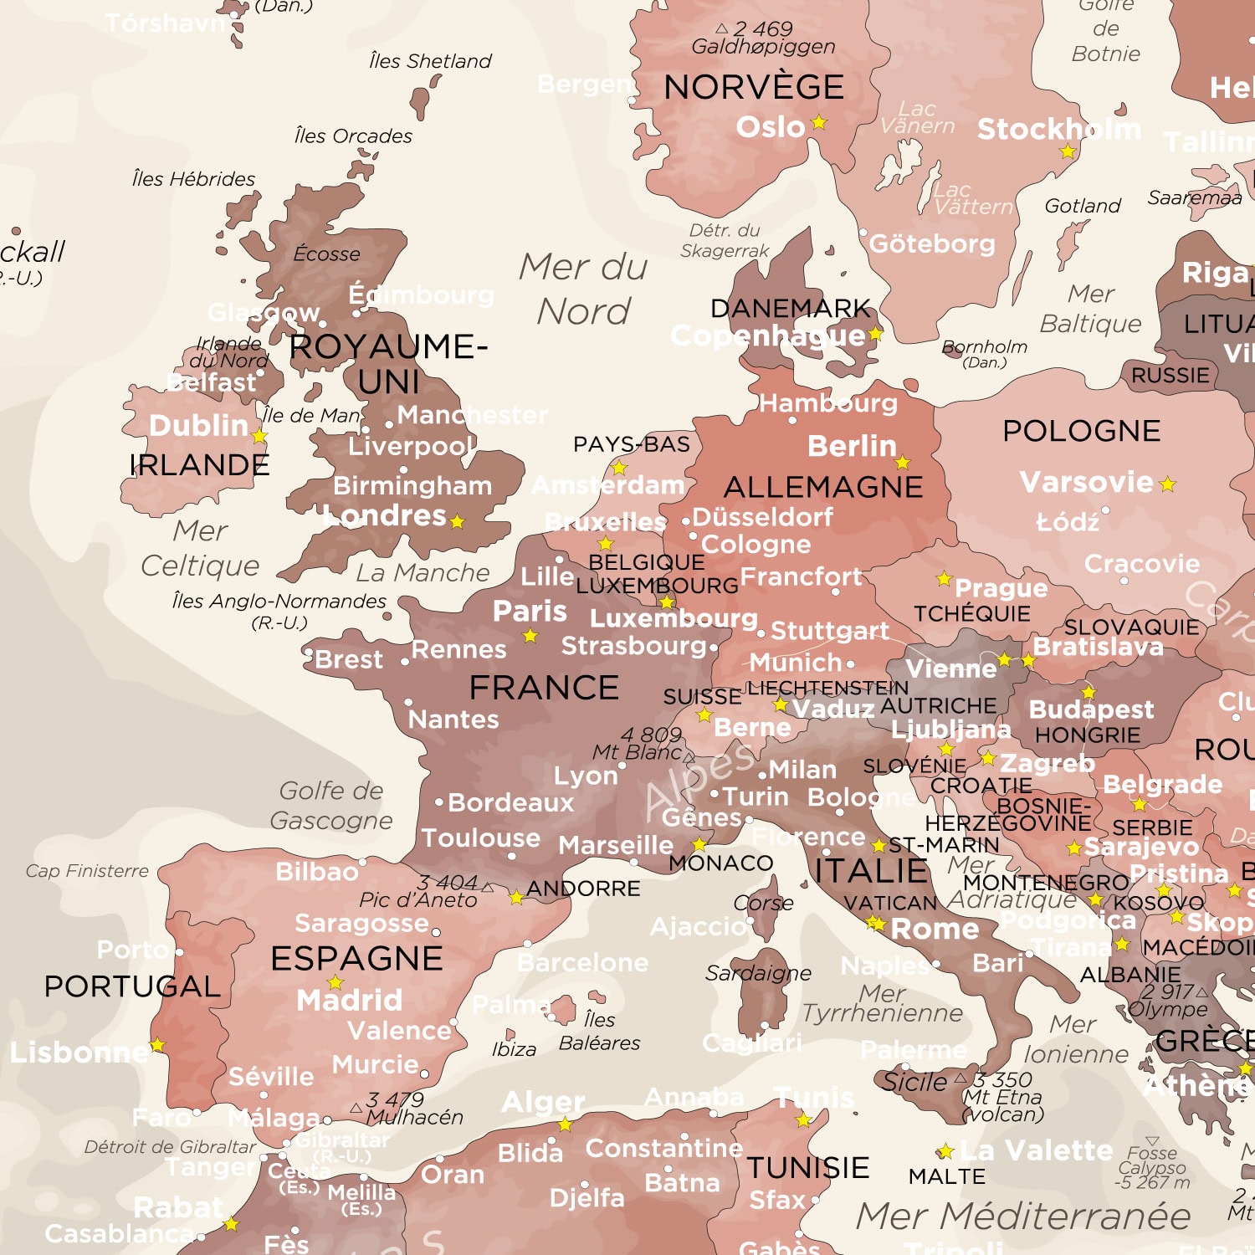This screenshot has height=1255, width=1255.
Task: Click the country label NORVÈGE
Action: pyautogui.click(x=753, y=87)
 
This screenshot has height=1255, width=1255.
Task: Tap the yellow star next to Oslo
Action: pyautogui.click(x=819, y=123)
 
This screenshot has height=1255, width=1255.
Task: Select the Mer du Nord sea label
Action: pyautogui.click(x=583, y=289)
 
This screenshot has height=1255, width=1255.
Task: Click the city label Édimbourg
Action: pyautogui.click(x=421, y=295)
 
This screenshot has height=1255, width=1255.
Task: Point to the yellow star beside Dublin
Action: pyautogui.click(x=259, y=436)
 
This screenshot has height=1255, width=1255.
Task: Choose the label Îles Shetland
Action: pyautogui.click(x=430, y=61)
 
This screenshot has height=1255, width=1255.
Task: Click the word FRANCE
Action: pyautogui.click(x=544, y=688)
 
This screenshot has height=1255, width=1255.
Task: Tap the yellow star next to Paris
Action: pyautogui.click(x=530, y=637)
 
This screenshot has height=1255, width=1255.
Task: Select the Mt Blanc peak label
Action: pyautogui.click(x=638, y=752)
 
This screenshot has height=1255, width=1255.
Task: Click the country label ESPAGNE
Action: pyautogui.click(x=356, y=958)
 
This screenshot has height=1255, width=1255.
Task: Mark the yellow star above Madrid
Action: pyautogui.click(x=336, y=982)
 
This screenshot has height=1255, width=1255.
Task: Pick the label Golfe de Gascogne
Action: pyautogui.click(x=331, y=805)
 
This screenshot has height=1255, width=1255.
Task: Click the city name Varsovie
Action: pyautogui.click(x=1086, y=482)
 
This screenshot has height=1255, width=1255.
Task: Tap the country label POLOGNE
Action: pyautogui.click(x=1081, y=431)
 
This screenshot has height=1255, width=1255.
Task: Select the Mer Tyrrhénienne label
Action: pyautogui.click(x=883, y=1003)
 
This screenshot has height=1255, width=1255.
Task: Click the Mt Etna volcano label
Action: pyautogui.click(x=1002, y=1097)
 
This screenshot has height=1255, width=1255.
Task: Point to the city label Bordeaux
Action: pyautogui.click(x=510, y=802)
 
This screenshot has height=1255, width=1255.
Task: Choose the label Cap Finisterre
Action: pyautogui.click(x=87, y=871)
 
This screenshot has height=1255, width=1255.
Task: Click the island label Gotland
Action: pyautogui.click(x=1082, y=206)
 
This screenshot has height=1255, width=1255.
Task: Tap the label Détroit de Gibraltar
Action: pyautogui.click(x=170, y=1147)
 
